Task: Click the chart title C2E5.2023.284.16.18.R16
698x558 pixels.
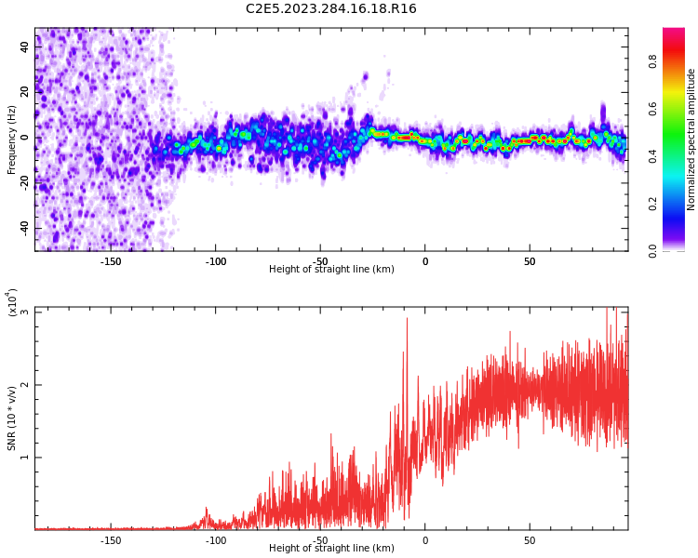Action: (x=331, y=9)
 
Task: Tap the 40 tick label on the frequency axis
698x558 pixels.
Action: (x=25, y=46)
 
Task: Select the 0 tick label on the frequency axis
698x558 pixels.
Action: (x=25, y=138)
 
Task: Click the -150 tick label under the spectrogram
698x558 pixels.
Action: (x=111, y=261)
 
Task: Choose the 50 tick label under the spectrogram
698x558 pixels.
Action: (x=530, y=261)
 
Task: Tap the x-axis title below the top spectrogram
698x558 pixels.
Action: (x=331, y=270)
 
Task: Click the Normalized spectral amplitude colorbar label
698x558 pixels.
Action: (x=691, y=139)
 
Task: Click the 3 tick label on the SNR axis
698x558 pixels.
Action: (x=25, y=312)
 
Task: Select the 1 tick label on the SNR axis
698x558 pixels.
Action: (x=25, y=458)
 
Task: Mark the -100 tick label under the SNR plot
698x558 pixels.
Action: (x=215, y=540)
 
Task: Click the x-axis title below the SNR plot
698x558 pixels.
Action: (x=331, y=549)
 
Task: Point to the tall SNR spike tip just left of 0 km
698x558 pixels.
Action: (x=407, y=319)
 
